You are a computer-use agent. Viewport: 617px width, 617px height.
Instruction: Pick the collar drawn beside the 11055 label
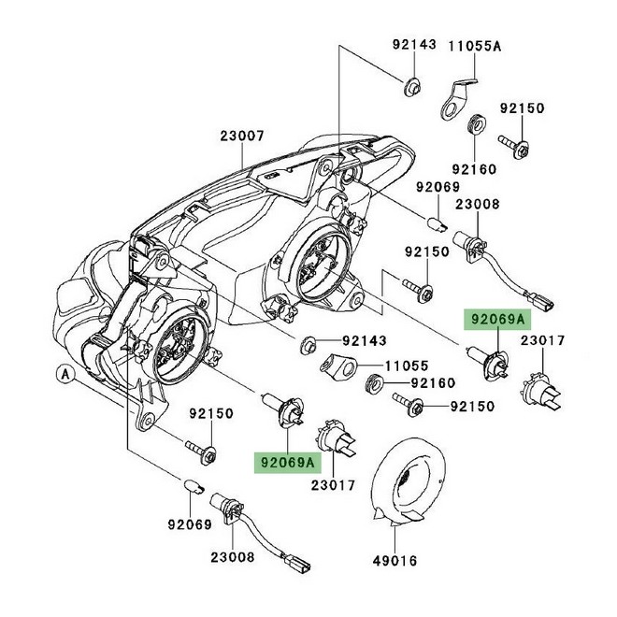(x=337, y=365)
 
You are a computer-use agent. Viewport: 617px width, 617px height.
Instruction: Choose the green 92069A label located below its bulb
(x=286, y=461)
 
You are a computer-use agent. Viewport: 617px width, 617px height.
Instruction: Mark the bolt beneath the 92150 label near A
(x=203, y=451)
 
